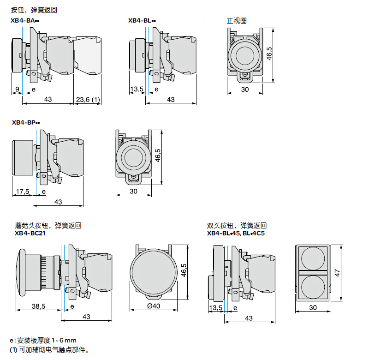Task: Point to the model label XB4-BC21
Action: coord(30,233)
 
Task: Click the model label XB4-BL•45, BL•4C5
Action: coord(236,233)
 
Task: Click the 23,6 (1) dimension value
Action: coord(88,99)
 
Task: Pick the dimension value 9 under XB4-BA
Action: coord(17,89)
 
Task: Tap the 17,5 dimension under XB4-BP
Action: coord(22,191)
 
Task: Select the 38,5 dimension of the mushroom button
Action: coord(38,306)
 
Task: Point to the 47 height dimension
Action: coord(337,273)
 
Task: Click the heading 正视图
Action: coord(237,21)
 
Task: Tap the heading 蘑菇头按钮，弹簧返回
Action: coord(48,226)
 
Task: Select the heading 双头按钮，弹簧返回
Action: coord(237,226)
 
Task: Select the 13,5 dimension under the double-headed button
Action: coord(215,308)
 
